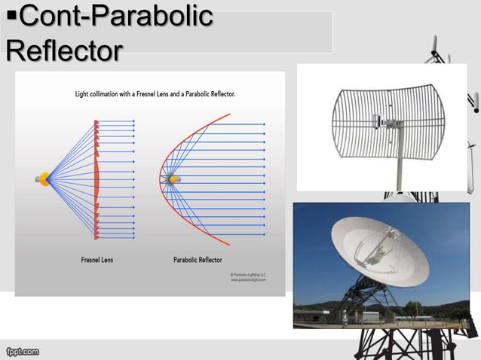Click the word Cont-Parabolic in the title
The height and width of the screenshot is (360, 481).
(x=114, y=17)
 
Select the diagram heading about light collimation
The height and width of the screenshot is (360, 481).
(x=155, y=95)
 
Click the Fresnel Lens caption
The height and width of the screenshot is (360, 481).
(x=97, y=260)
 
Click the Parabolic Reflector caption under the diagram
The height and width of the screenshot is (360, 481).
(x=198, y=260)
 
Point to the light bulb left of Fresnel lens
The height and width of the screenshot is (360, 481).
(x=42, y=179)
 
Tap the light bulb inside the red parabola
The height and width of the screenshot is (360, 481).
(x=173, y=179)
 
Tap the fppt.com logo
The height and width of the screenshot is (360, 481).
(x=22, y=351)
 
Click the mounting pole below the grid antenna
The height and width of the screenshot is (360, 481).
(x=398, y=173)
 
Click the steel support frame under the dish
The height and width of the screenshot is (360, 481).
(x=377, y=301)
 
